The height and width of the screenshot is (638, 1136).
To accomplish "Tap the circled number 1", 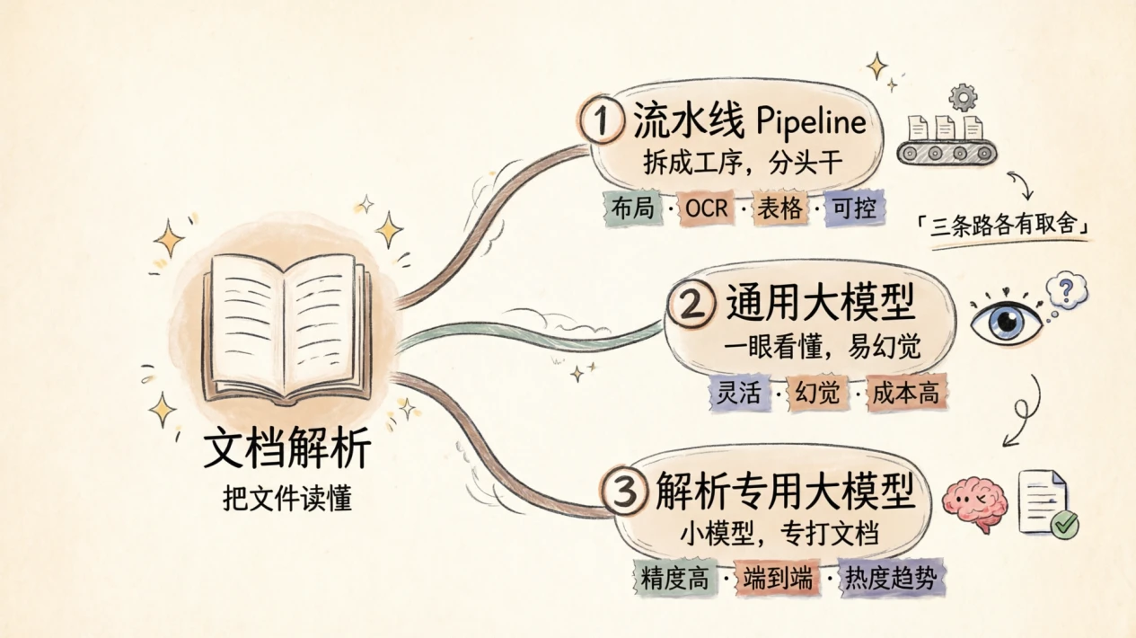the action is coord(602,120).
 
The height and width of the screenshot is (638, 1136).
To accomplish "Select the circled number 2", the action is coord(691,303).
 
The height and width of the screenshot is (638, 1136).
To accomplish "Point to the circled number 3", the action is coord(624,491).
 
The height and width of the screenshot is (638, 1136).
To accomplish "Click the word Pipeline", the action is coord(811,121).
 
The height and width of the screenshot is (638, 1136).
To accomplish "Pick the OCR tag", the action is coord(707,208).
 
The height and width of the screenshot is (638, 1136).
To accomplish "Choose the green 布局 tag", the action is coord(632,208).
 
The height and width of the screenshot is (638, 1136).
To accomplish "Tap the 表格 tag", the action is coord(780,208).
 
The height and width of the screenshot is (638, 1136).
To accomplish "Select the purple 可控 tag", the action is coord(855,208).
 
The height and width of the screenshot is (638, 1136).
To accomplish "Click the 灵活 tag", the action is coord(739,393).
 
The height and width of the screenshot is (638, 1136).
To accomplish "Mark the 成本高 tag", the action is coord(906,393).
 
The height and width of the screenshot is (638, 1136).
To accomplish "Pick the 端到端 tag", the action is coord(778,578).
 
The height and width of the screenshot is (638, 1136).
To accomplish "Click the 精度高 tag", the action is coord(675,578).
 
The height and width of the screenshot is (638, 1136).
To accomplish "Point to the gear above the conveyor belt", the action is coord(962,97).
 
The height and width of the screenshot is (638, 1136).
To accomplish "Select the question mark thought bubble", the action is coord(1067,290).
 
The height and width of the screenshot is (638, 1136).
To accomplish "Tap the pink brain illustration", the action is coord(974,502).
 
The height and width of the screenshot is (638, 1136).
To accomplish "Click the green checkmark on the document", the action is coord(1064,524).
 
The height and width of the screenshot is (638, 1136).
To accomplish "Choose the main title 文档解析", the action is coord(287,447).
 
